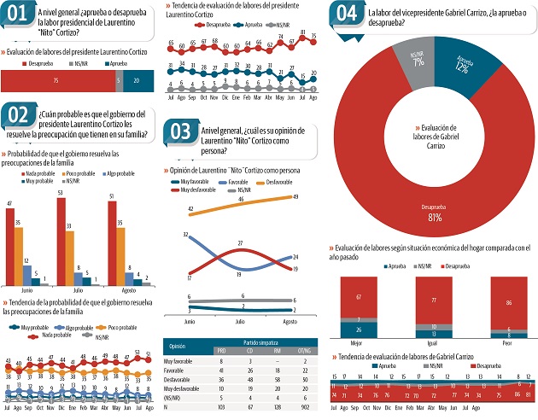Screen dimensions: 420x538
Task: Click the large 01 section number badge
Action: click(21, 17)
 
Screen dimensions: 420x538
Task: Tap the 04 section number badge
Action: click(347, 14)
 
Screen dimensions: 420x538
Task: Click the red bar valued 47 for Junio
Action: click(10, 247)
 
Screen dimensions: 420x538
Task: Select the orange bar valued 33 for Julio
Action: click(69, 255)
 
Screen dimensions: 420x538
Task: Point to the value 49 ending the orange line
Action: click(294, 196)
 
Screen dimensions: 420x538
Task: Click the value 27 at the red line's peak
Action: click(241, 245)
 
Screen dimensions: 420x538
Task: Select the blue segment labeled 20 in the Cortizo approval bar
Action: click(137, 79)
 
